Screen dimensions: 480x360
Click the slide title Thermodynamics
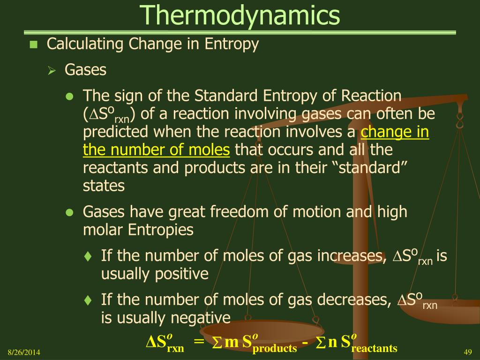coord(240,15)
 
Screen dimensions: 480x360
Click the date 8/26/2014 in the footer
coord(24,352)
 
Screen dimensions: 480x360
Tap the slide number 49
coord(468,352)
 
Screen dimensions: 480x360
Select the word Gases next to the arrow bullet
coord(85,70)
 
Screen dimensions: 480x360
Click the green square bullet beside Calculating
coord(33,45)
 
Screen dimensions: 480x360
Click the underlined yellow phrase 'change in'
coord(395,132)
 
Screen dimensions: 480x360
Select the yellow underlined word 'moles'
coord(209,150)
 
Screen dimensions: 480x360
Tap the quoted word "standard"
coord(373,168)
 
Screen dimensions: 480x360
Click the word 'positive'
coord(182,274)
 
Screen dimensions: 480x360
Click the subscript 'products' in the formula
coord(275,348)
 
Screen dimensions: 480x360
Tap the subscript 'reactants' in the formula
coord(375,348)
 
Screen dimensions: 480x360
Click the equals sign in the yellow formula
coord(199,341)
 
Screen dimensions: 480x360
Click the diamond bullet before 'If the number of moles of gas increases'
coord(88,256)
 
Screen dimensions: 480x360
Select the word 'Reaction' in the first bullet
coord(371,96)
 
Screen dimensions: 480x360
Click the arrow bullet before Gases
coord(52,71)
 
